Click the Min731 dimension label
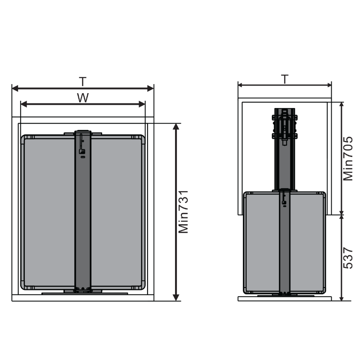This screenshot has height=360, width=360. click(x=183, y=211)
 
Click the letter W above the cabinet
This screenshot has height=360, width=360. click(x=82, y=98)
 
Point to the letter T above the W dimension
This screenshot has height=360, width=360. click(x=82, y=81)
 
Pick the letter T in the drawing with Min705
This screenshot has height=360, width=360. click(x=284, y=79)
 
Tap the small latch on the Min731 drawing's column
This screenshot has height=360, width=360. click(x=81, y=151)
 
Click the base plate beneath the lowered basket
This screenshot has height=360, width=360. click(x=284, y=296)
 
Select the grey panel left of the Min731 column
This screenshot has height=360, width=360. click(x=49, y=211)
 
